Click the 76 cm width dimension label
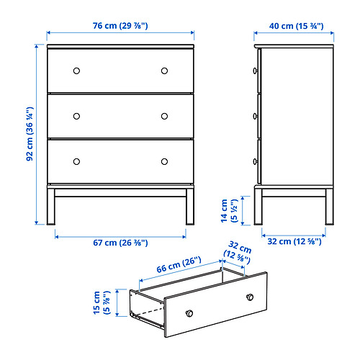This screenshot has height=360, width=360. coord(120,26)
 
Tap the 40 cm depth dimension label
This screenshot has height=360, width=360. coord(296,26)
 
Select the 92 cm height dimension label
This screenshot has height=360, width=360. coord(30,134)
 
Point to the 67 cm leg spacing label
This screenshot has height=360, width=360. coord(120,243)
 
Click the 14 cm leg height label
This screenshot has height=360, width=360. coord(229,211)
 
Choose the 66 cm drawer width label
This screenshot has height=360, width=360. coord(179,265)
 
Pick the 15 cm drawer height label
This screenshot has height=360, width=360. coord(102,302)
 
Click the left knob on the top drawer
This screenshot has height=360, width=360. coord(76,71)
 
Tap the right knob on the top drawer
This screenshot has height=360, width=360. coord(164,71)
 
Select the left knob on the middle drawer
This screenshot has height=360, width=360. coord(76,116)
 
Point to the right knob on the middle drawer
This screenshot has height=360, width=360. coord(164,116)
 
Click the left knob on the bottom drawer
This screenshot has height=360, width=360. coord(76,161)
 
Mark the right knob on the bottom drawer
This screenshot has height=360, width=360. coord(164,161)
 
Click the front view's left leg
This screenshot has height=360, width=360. coord(51,207)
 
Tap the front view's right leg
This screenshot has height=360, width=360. coord(190,207)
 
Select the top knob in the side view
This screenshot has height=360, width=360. coord(256,71)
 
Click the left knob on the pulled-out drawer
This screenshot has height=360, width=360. coord(189,313)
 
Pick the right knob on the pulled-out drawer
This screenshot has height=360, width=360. coord(250,297)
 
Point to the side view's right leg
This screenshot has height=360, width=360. coord(329,207)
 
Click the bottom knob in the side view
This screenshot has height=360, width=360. coord(256,161)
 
